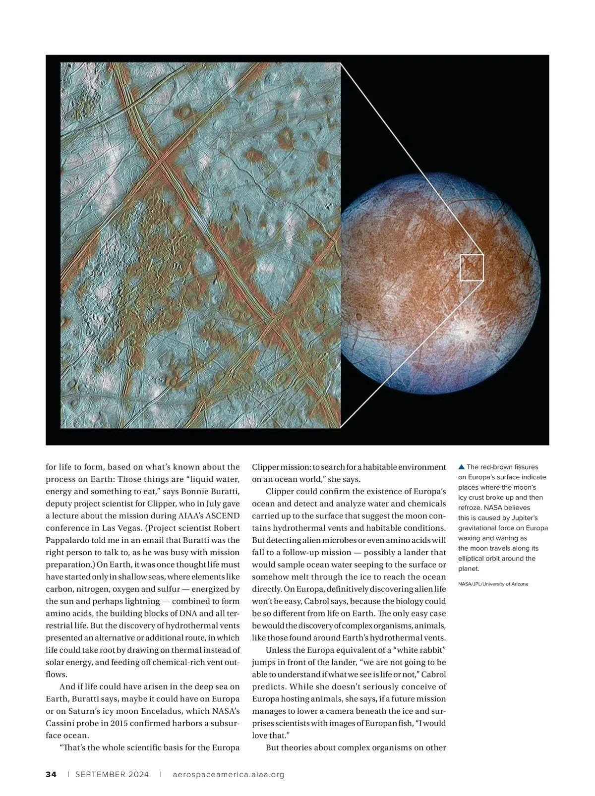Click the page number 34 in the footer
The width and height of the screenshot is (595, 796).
coord(51,774)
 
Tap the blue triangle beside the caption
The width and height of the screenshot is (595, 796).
coord(461,467)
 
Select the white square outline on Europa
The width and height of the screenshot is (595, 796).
coord(472,268)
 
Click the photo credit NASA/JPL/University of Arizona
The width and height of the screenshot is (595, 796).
coord(493,584)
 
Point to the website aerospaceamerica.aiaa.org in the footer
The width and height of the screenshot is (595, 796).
coord(229,774)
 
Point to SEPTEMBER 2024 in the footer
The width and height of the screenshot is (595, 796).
coord(112,774)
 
